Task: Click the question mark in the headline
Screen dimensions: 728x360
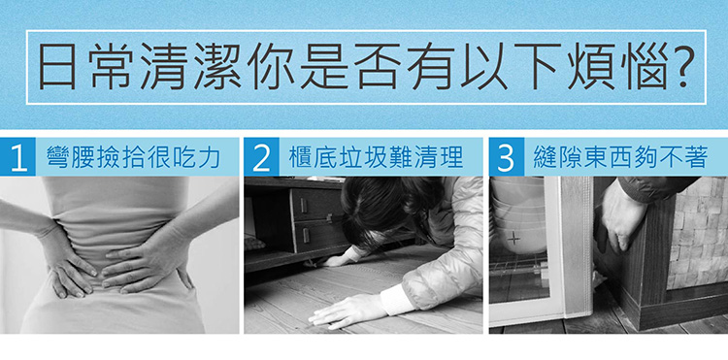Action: [679, 65]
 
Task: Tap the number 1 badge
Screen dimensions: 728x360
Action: [18, 157]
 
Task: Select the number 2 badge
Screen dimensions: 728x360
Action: [262, 157]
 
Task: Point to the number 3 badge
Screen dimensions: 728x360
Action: [507, 157]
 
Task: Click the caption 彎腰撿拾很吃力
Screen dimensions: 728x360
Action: [134, 158]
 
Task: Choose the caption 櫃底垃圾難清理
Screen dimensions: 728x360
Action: [377, 158]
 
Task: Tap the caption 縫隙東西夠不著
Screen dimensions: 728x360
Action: [621, 158]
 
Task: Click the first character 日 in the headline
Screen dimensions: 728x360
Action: [57, 66]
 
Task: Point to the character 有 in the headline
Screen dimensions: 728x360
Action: [430, 66]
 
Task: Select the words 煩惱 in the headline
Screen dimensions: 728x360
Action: [615, 66]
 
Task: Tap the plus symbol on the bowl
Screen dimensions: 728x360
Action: [513, 239]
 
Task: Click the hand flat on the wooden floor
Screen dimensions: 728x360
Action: [345, 311]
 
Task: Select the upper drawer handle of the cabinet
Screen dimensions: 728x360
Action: [304, 205]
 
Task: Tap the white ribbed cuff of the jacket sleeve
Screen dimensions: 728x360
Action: [396, 299]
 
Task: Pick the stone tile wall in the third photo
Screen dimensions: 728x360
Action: [696, 232]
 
